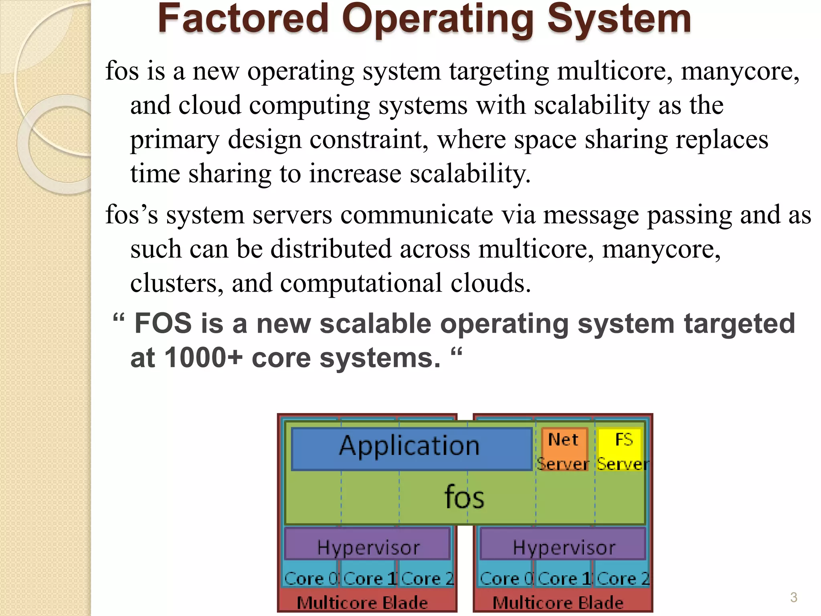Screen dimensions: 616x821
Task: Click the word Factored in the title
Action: [x=243, y=19]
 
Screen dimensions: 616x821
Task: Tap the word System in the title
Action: [x=619, y=19]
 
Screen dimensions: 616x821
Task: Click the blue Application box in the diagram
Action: [x=411, y=448]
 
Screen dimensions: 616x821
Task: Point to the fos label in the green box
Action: [x=464, y=497]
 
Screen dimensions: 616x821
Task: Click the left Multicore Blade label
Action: [x=362, y=602]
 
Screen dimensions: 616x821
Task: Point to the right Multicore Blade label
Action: [x=558, y=602]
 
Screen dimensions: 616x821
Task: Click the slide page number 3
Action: [x=793, y=597]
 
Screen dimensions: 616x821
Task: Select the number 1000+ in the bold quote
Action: [x=203, y=357]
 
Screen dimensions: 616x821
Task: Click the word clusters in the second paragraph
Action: [x=177, y=283]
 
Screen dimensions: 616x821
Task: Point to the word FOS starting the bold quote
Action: [x=163, y=323]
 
